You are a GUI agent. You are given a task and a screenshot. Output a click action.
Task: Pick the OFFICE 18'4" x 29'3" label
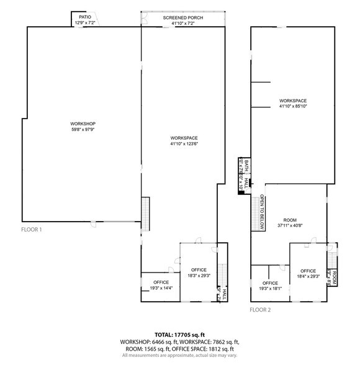point(308,274)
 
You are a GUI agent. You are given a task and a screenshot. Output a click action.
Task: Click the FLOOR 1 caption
point(31,230)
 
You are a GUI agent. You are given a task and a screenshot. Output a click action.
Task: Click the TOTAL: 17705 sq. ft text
point(180,335)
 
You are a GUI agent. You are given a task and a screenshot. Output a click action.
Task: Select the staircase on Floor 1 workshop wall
point(146,214)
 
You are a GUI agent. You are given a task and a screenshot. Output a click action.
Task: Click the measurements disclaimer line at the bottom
point(180,355)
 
